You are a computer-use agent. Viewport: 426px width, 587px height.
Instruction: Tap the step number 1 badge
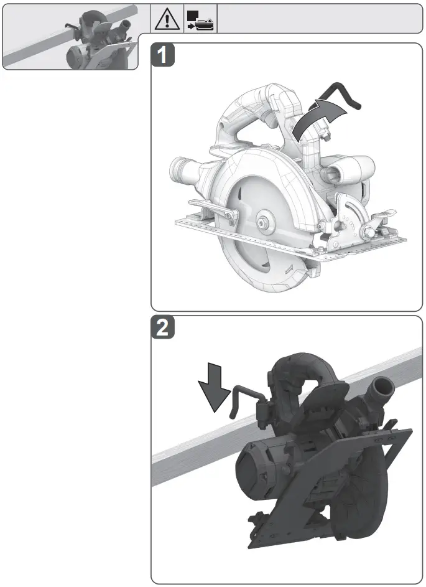click(163, 56)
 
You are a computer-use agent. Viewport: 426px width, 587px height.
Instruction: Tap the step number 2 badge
click(163, 329)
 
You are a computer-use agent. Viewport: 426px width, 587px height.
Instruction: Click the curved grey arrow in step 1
click(318, 118)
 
